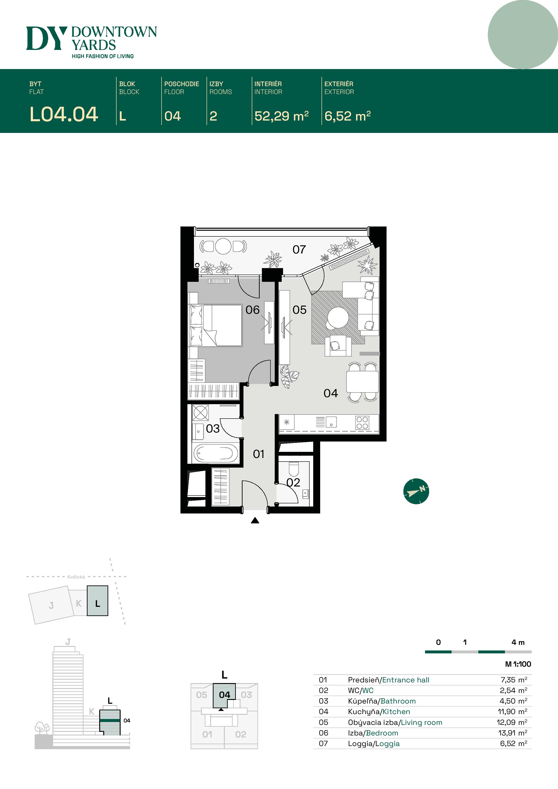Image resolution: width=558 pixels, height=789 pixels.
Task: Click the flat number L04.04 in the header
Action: (64, 114)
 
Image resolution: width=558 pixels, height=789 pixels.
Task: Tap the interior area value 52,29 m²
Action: (281, 116)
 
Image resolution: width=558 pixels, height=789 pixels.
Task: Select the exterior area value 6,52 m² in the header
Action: (347, 116)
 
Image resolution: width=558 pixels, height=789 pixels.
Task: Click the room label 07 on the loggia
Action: (299, 249)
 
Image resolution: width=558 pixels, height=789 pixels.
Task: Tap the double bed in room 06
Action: (216, 325)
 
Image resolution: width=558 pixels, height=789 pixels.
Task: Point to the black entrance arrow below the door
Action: (255, 521)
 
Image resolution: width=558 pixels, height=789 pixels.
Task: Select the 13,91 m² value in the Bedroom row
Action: (512, 733)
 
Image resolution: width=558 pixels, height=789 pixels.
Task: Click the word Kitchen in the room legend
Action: (396, 712)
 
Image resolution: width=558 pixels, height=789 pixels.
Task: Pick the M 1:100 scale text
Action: (518, 664)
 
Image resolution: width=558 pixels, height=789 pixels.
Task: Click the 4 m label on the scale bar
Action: (518, 642)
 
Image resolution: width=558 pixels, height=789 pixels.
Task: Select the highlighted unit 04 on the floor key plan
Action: (224, 695)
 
